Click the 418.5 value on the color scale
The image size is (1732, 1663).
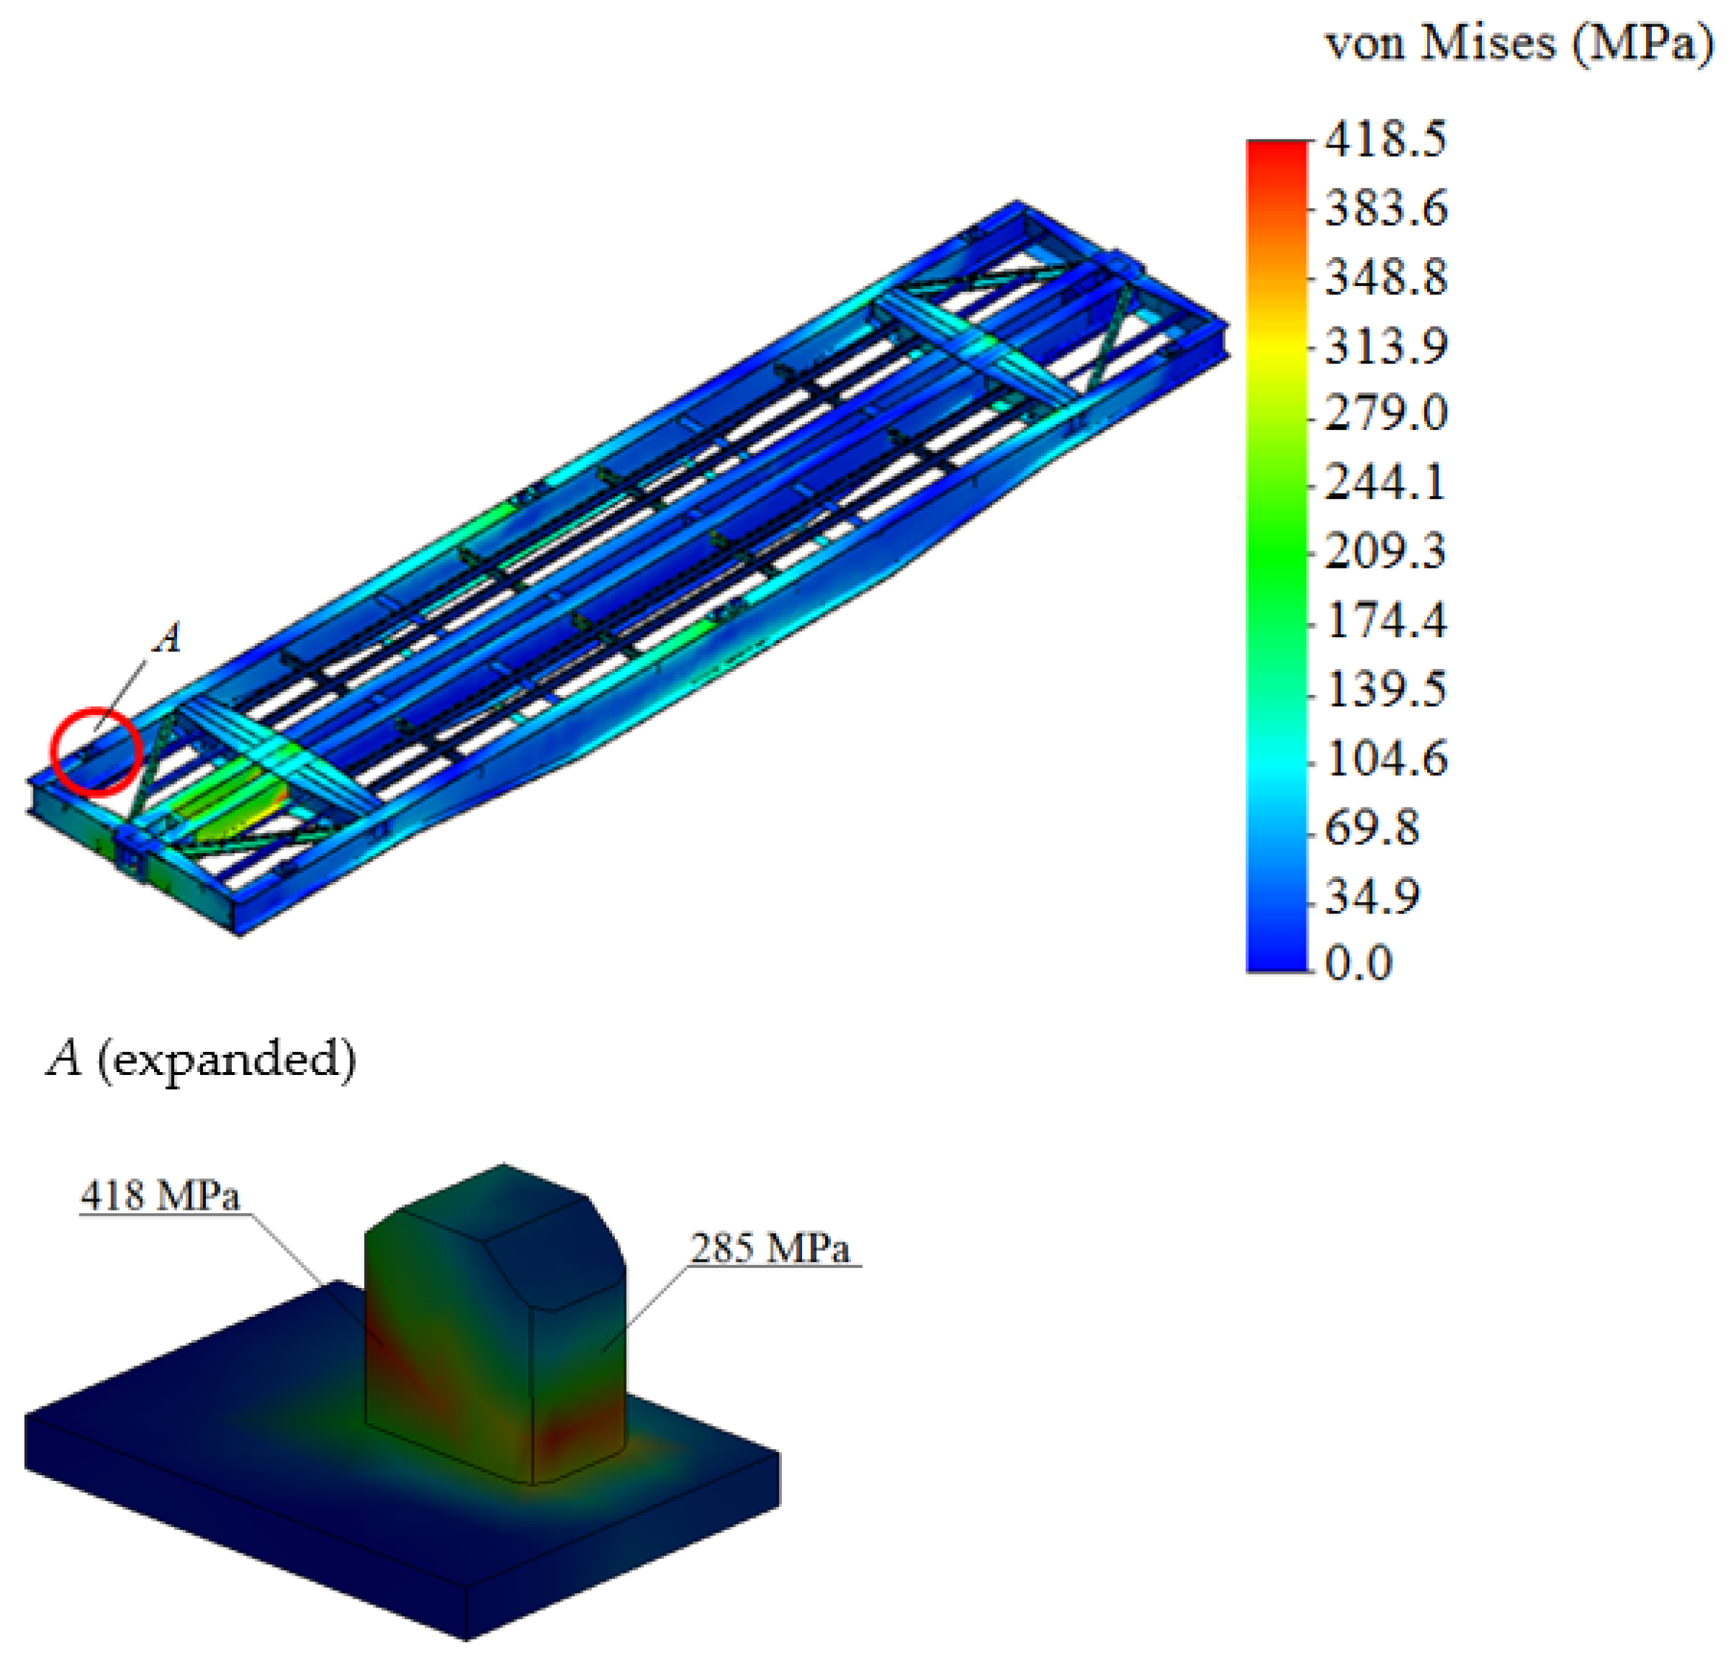1386,139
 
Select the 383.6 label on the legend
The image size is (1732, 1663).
1386,209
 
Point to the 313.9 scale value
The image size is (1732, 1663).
1386,345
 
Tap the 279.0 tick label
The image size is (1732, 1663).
1386,413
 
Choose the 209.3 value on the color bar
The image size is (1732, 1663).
1386,551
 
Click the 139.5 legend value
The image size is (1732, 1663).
1386,689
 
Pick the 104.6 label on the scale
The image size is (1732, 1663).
1386,758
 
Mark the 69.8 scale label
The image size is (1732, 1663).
1372,828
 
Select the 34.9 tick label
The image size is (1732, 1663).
1372,896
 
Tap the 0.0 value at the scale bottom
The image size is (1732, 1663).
1359,962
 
